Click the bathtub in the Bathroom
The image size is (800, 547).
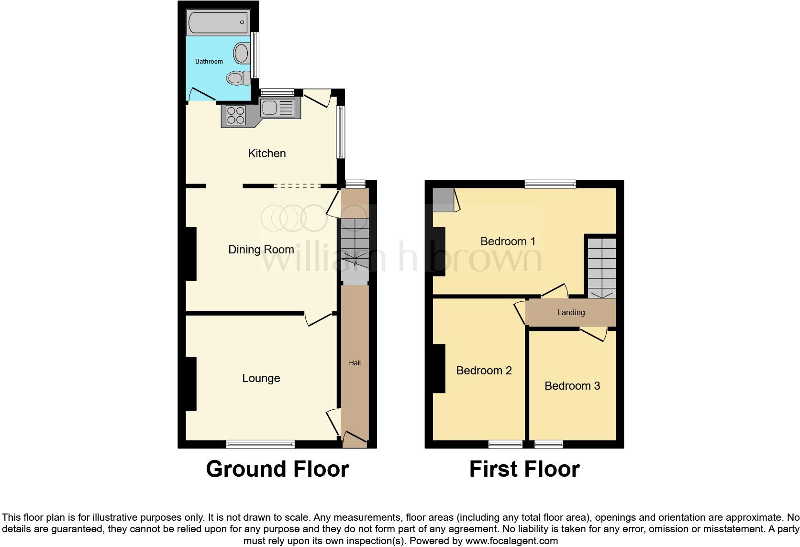[x=218, y=22]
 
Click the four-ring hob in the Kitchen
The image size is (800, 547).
[x=235, y=115]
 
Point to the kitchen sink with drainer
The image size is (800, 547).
[x=278, y=108]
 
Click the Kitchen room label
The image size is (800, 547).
[x=267, y=153]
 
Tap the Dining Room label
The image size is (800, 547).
[x=261, y=250]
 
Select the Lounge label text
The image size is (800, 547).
[x=261, y=378]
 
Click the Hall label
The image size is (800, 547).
[x=355, y=363]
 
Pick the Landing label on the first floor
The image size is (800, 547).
[x=571, y=312]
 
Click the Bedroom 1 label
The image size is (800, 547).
[x=508, y=241]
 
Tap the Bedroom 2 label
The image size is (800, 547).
[x=484, y=371]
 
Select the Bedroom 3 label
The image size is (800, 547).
[x=572, y=386]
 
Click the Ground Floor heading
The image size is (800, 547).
[x=277, y=469]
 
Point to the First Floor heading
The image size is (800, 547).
[x=524, y=469]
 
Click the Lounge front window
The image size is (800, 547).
[x=260, y=444]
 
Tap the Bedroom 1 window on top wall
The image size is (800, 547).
[x=550, y=184]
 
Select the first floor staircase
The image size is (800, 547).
[x=601, y=268]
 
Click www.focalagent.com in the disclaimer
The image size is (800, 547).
[x=511, y=541]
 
